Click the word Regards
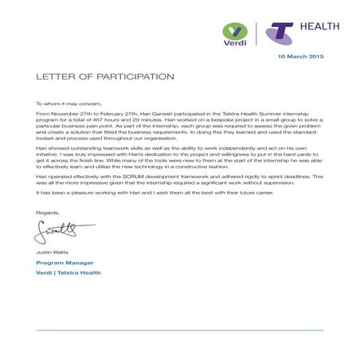point(48,212)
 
